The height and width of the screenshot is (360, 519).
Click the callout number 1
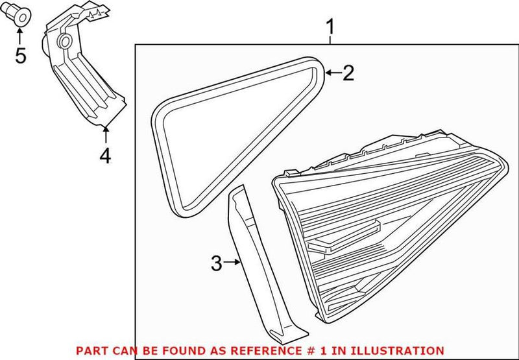click(x=331, y=28)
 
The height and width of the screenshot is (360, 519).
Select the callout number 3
click(x=217, y=263)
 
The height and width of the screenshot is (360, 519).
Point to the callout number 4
click(x=105, y=156)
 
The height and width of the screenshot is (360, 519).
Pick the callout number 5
click(x=21, y=56)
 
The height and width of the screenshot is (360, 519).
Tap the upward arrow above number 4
click(x=105, y=135)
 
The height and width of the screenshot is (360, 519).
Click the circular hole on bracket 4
click(x=65, y=43)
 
